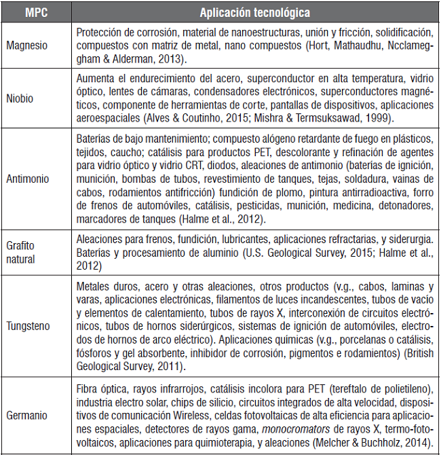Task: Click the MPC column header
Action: tap(35, 12)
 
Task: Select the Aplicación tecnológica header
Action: tap(254, 12)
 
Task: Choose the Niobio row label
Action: tap(20, 98)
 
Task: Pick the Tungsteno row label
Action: tap(28, 326)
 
